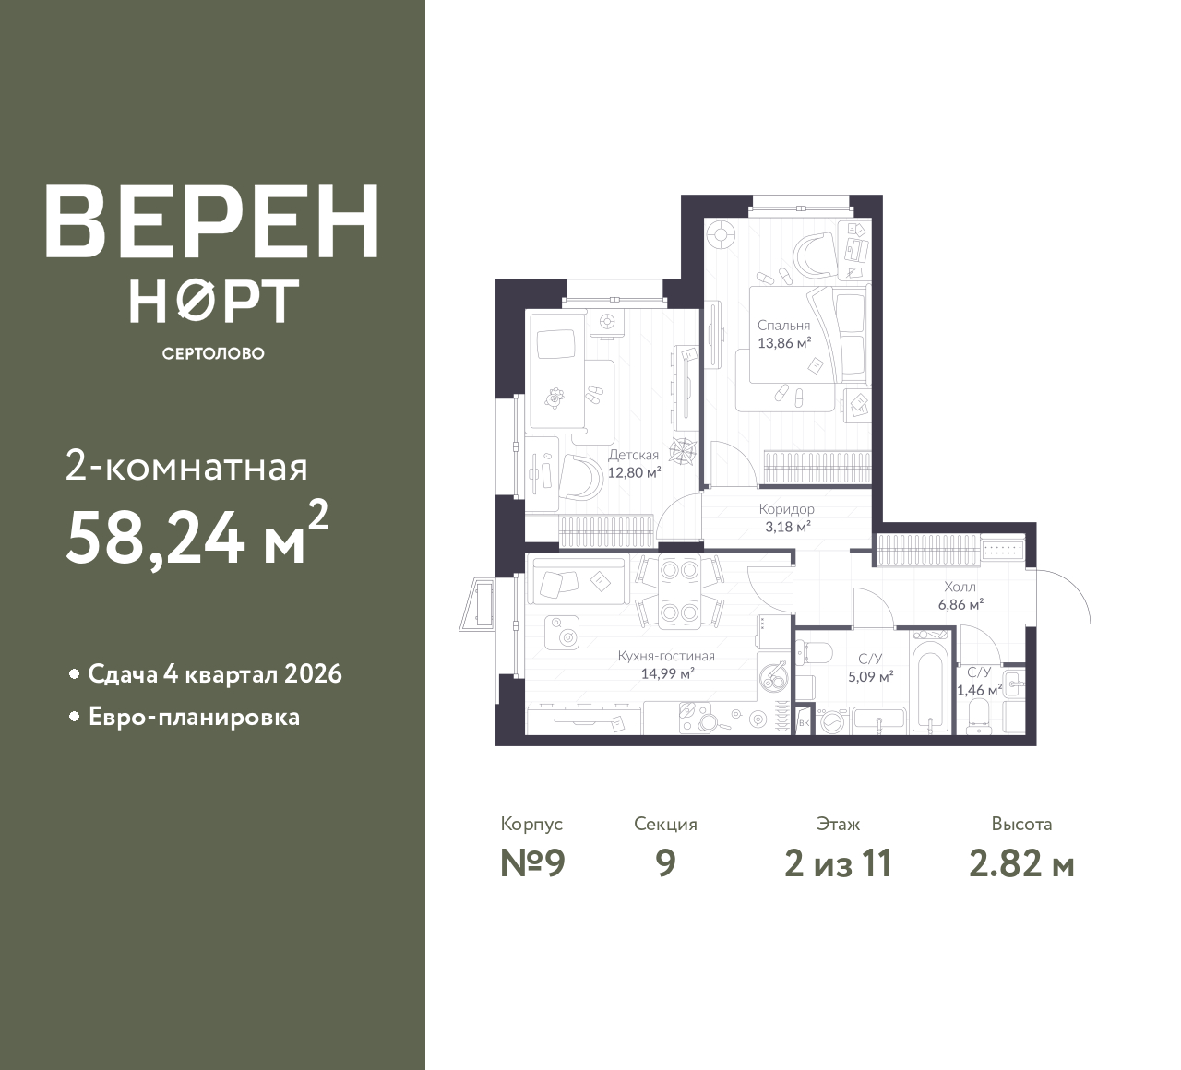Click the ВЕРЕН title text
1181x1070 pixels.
pyautogui.click(x=212, y=221)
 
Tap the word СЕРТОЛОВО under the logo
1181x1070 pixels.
pyautogui.click(x=213, y=353)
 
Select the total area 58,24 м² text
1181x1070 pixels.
pyautogui.click(x=197, y=535)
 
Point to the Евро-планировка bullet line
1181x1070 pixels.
pyautogui.click(x=195, y=718)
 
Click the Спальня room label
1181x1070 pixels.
pyautogui.click(x=783, y=326)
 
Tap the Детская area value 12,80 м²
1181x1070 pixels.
pyautogui.click(x=634, y=472)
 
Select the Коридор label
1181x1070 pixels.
pyautogui.click(x=786, y=508)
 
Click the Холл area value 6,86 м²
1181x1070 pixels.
pyautogui.click(x=960, y=604)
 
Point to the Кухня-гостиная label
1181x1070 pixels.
pyautogui.click(x=666, y=656)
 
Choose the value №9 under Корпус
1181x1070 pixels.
pyautogui.click(x=532, y=863)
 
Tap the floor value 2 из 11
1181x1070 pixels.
pyautogui.click(x=838, y=863)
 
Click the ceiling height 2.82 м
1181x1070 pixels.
pyautogui.click(x=1021, y=863)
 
